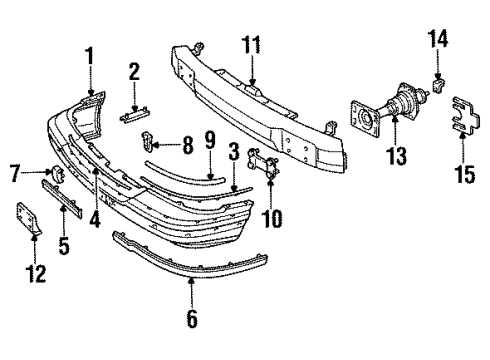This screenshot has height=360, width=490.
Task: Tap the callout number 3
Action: coord(233,153)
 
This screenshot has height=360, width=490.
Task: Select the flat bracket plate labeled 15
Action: coord(463,113)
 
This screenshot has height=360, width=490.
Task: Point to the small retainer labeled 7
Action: coord(58,174)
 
